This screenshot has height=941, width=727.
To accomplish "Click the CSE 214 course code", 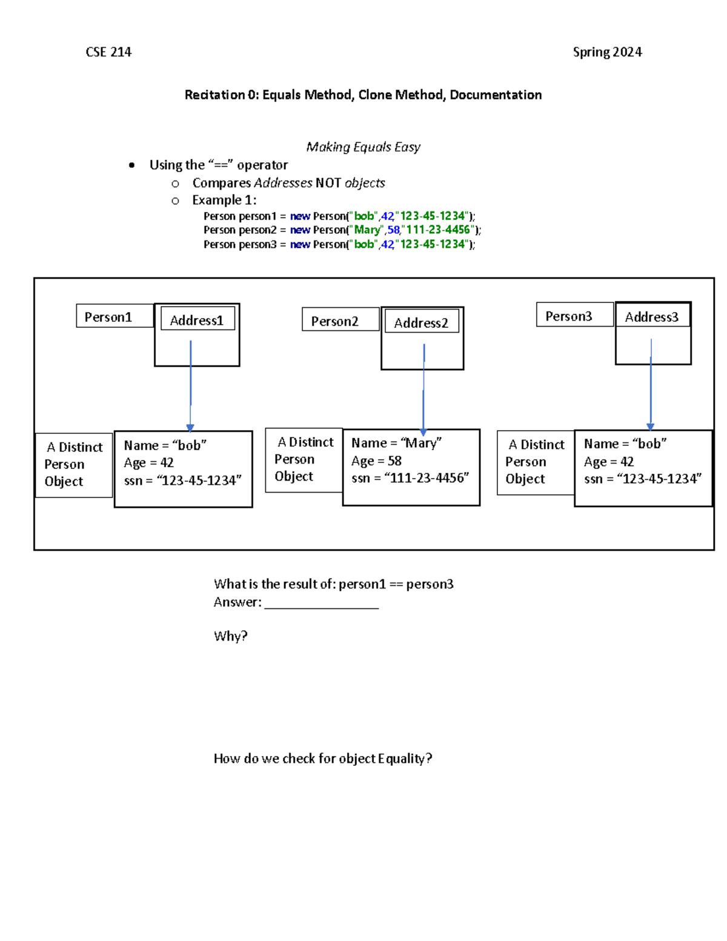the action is click(108, 52).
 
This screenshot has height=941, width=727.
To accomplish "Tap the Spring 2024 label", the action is click(607, 52).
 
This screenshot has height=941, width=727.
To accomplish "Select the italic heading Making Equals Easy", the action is click(363, 147).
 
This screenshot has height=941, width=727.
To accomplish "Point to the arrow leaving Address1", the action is click(190, 386).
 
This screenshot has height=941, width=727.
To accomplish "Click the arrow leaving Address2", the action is click(423, 389).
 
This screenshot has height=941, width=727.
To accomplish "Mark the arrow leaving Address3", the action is click(650, 384).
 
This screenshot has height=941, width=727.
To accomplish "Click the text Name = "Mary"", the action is click(396, 442).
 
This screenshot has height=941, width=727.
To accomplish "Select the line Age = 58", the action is click(376, 461).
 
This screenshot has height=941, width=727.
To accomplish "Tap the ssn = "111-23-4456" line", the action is click(410, 477).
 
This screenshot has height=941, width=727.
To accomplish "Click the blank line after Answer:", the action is click(321, 608).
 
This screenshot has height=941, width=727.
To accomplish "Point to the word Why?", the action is click(230, 636).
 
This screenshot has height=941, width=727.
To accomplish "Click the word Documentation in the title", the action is click(496, 95).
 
